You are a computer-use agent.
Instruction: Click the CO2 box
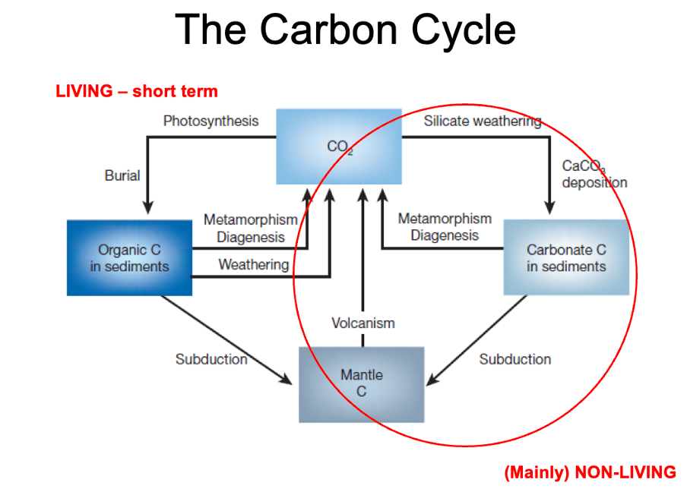click(338, 147)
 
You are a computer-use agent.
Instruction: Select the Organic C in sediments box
click(129, 257)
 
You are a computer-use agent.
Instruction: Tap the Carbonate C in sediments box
click(566, 257)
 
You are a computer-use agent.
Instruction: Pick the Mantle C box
click(362, 383)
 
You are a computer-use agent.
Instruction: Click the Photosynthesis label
click(211, 121)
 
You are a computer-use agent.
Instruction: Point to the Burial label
click(122, 175)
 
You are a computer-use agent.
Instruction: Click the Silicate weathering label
click(483, 121)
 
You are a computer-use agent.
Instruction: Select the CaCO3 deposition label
click(594, 174)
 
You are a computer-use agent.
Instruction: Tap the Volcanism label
click(363, 323)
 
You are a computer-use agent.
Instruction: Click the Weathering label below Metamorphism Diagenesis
click(254, 264)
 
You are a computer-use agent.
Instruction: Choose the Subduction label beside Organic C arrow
click(211, 359)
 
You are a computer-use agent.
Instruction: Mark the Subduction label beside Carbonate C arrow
click(515, 359)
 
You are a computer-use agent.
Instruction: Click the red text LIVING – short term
click(137, 92)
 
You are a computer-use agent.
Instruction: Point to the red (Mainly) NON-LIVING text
click(590, 472)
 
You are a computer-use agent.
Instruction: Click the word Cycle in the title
click(461, 30)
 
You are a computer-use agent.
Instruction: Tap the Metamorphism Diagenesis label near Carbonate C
click(445, 227)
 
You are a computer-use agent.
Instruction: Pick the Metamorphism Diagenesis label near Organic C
click(251, 228)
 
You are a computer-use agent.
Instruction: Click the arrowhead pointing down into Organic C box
click(148, 207)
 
